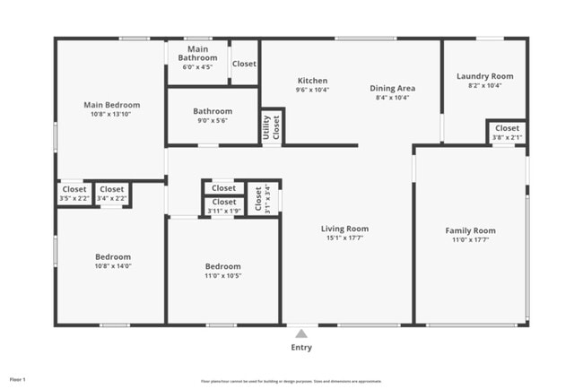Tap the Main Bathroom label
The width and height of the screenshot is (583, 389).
(197, 54)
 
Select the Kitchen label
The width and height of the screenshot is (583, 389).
(312, 81)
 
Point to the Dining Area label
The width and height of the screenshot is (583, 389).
(393, 88)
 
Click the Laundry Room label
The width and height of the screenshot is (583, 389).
(484, 76)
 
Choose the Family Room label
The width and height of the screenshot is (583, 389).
(471, 230)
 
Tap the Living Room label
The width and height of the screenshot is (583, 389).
(345, 229)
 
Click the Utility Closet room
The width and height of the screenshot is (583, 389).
(272, 127)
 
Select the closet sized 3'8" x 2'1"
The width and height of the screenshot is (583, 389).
(507, 133)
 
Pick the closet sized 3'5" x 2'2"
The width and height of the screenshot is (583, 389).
(74, 194)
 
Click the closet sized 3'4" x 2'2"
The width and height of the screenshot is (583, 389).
(112, 194)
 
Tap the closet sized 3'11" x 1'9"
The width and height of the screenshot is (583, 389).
(223, 206)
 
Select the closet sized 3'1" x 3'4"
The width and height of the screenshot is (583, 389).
(262, 199)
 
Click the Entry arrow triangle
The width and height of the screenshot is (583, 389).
(301, 333)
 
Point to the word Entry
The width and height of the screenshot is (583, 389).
(301, 348)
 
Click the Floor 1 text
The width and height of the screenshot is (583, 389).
(18, 380)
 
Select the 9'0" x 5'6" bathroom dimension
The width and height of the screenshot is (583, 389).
(213, 121)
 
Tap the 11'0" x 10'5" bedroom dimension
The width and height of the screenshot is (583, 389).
(222, 276)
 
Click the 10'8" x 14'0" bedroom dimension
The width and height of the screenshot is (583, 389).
(113, 266)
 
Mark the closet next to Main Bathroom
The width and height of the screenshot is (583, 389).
(244, 64)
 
